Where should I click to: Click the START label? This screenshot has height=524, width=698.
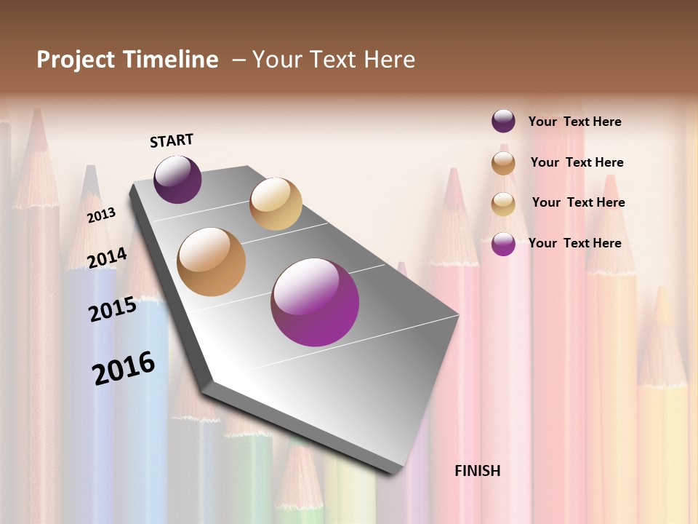172,140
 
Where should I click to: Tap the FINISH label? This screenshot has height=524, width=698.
478,471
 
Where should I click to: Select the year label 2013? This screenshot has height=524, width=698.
101,215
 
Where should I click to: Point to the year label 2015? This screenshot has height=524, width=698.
113,309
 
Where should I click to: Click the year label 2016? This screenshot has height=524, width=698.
124,368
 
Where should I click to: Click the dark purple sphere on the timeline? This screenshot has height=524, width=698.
177,179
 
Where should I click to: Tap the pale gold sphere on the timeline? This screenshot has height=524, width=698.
276,204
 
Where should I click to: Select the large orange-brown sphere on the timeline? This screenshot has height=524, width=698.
212,262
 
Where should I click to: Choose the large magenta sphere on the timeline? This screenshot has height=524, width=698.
315,302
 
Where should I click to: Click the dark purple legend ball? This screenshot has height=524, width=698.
503,122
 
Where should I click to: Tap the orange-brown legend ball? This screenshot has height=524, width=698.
503,162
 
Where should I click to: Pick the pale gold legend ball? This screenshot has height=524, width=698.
503,203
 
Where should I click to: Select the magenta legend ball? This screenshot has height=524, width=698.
503,244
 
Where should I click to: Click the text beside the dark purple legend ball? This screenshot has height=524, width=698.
574,122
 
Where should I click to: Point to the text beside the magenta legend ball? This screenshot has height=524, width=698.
574,243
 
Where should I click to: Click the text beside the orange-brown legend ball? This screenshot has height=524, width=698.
577,162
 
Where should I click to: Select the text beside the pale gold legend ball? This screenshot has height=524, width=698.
578,202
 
